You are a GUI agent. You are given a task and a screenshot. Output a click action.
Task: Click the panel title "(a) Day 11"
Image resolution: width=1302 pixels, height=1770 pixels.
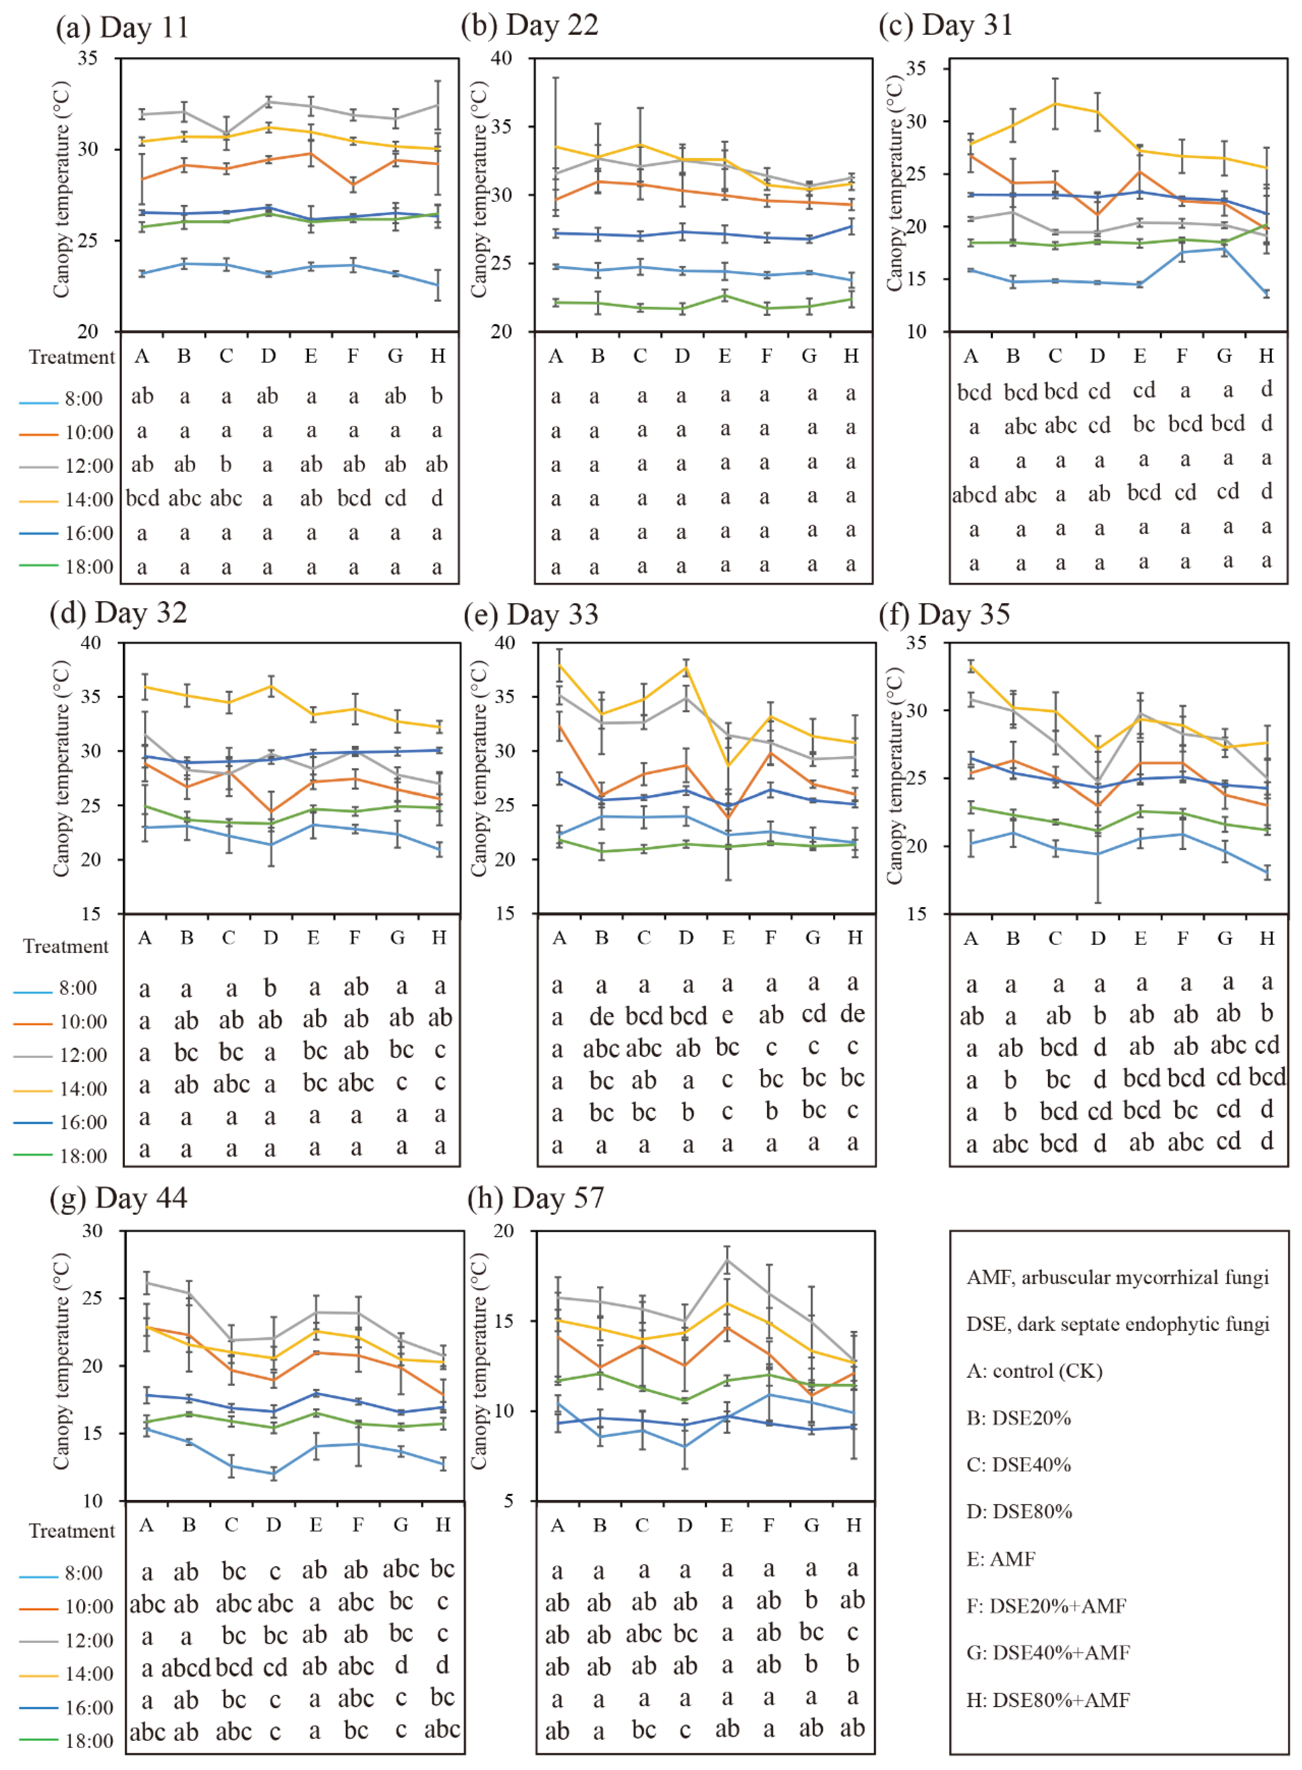pos(122,28)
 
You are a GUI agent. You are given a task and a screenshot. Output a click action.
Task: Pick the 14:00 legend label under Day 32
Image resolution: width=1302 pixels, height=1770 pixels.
pos(83,1089)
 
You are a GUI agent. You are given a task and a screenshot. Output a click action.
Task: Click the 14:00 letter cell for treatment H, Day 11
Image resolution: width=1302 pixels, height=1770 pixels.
pos(437,498)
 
